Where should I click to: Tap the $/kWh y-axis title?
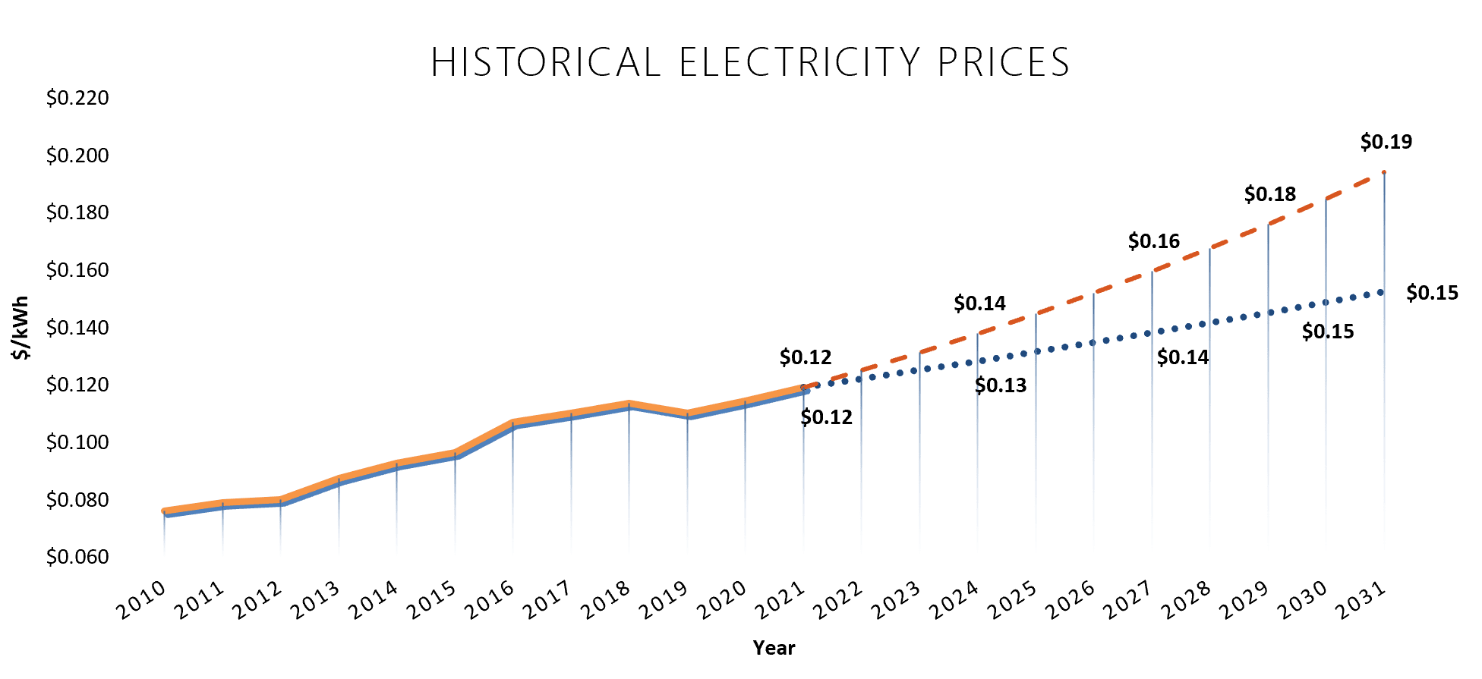pyautogui.click(x=20, y=328)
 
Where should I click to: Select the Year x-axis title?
pyautogui.click(x=774, y=648)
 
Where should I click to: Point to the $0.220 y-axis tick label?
pyautogui.click(x=77, y=98)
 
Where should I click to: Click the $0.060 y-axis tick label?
pyautogui.click(x=77, y=557)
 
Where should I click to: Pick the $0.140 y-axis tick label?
pyautogui.click(x=77, y=328)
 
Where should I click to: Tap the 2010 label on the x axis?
pyautogui.click(x=141, y=600)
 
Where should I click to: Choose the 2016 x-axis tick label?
pyautogui.click(x=490, y=600)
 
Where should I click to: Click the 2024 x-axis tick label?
pyautogui.click(x=954, y=600)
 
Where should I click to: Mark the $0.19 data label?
pyautogui.click(x=1386, y=142)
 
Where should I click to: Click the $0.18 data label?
pyautogui.click(x=1269, y=194)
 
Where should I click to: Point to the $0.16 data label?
pyautogui.click(x=1153, y=241)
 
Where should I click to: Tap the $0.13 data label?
pyautogui.click(x=1000, y=385)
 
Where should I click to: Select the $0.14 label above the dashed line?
pyautogui.click(x=979, y=303)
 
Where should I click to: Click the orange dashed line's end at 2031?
pyautogui.click(x=1384, y=172)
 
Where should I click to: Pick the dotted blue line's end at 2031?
pyautogui.click(x=1381, y=292)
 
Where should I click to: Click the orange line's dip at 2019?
pyautogui.click(x=687, y=413)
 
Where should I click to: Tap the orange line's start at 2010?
pyautogui.click(x=165, y=511)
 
